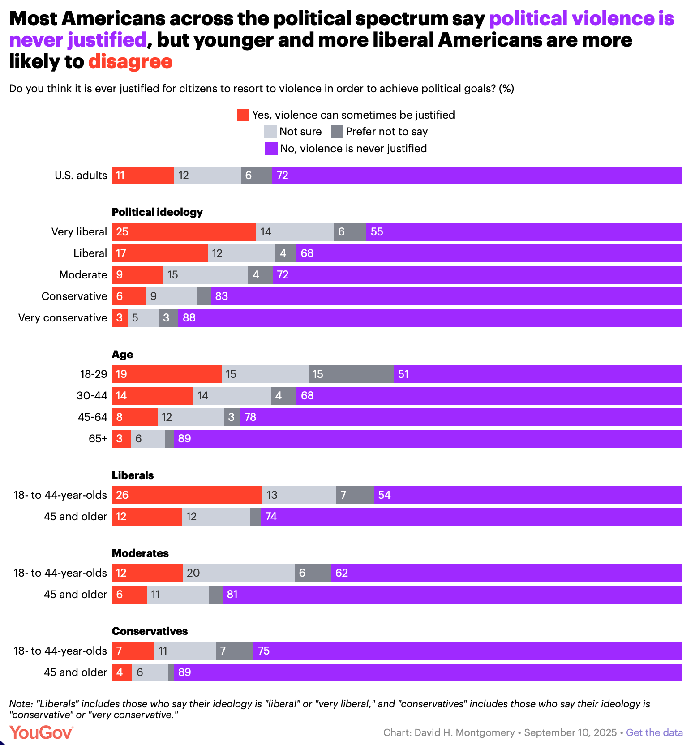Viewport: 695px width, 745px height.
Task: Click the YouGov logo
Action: tap(41, 732)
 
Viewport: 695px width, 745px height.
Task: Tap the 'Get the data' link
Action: tap(654, 732)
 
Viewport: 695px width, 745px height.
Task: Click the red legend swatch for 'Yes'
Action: tap(243, 115)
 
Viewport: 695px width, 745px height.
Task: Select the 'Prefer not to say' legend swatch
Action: tap(337, 132)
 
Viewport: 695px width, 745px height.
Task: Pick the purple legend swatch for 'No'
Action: tap(271, 149)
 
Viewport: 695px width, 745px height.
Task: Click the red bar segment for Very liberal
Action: tap(184, 232)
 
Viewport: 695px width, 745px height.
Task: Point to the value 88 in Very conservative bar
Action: tap(189, 318)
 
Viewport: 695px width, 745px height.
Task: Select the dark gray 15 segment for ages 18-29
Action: tap(351, 374)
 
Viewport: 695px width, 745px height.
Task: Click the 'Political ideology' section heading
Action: tap(157, 212)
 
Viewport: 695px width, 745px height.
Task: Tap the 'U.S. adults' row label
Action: tap(81, 176)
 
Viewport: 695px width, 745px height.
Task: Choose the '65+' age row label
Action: tap(98, 439)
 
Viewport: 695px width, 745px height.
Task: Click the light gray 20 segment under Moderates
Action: tap(238, 573)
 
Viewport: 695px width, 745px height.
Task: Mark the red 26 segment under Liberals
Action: tap(187, 495)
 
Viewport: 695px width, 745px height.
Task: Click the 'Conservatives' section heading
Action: tap(150, 631)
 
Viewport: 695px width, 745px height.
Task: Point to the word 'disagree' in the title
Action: tap(130, 61)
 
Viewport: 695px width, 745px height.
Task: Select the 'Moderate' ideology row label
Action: tap(83, 275)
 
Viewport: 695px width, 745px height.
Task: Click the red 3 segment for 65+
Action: tap(121, 439)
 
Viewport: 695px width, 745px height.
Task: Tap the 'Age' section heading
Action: tap(122, 354)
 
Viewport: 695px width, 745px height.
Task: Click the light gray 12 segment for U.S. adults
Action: tap(207, 176)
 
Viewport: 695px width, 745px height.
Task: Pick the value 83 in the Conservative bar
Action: tap(222, 296)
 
